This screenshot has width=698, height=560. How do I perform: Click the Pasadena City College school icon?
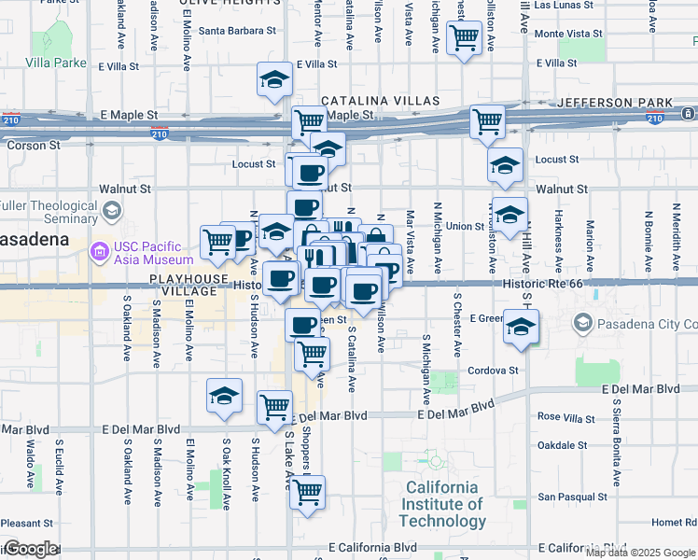583,323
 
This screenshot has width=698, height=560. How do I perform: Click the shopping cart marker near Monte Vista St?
464,39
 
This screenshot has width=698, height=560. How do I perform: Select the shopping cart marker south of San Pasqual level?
307,493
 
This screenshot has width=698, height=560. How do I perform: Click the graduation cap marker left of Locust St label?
505,166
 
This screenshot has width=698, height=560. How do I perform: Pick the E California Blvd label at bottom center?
372,547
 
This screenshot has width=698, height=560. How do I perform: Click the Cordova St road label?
493,371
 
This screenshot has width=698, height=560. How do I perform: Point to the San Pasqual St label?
578,497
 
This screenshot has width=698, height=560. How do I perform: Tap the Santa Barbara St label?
237,30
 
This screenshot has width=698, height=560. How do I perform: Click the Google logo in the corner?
30,549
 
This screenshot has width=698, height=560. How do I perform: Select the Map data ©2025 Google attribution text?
640,552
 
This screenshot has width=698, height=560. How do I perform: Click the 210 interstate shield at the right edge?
655,117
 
